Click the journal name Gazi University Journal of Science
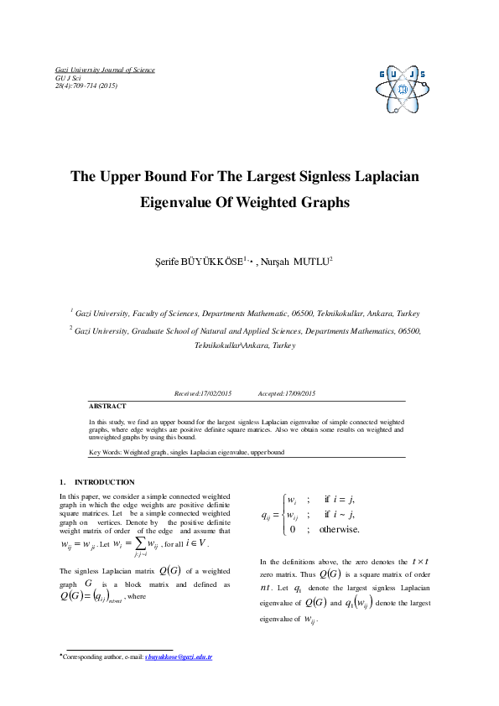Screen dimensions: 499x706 pos(105,70)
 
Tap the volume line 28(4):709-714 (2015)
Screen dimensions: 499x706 pos(86,86)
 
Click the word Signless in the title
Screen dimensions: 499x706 pos(330,177)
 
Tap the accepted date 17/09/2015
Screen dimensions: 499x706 pos(299,392)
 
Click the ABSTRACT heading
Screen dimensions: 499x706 pos(107,405)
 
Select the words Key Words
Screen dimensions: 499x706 pos(105,452)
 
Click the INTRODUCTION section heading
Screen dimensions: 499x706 pos(104,482)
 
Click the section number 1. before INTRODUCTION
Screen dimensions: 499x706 pos(62,482)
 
